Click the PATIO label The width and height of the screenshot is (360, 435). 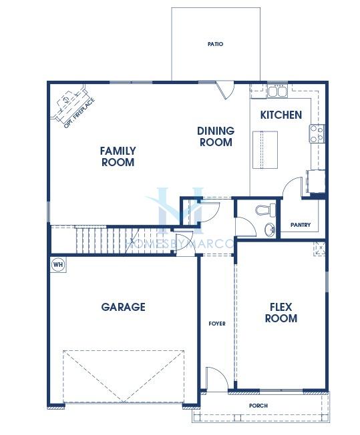(x=215, y=44)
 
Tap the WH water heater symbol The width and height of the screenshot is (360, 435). (x=58, y=264)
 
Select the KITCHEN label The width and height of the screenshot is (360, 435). (x=281, y=115)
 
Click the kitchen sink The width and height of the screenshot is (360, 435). (x=277, y=91)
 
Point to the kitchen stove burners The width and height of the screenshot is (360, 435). (x=317, y=133)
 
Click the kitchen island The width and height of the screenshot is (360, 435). (x=265, y=149)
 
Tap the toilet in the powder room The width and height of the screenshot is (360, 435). (x=265, y=209)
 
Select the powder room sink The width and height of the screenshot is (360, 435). (x=269, y=230)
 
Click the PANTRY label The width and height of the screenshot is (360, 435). (x=301, y=225)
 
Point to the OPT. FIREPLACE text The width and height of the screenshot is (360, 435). (x=79, y=112)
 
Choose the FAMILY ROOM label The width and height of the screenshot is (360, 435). (x=118, y=157)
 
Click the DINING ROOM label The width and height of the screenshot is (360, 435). (x=216, y=136)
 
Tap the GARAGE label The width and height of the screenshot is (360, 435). (x=123, y=307)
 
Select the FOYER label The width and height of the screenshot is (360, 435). (x=217, y=324)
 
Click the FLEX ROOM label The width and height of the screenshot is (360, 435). (x=281, y=312)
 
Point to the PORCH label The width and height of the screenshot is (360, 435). (x=258, y=406)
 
